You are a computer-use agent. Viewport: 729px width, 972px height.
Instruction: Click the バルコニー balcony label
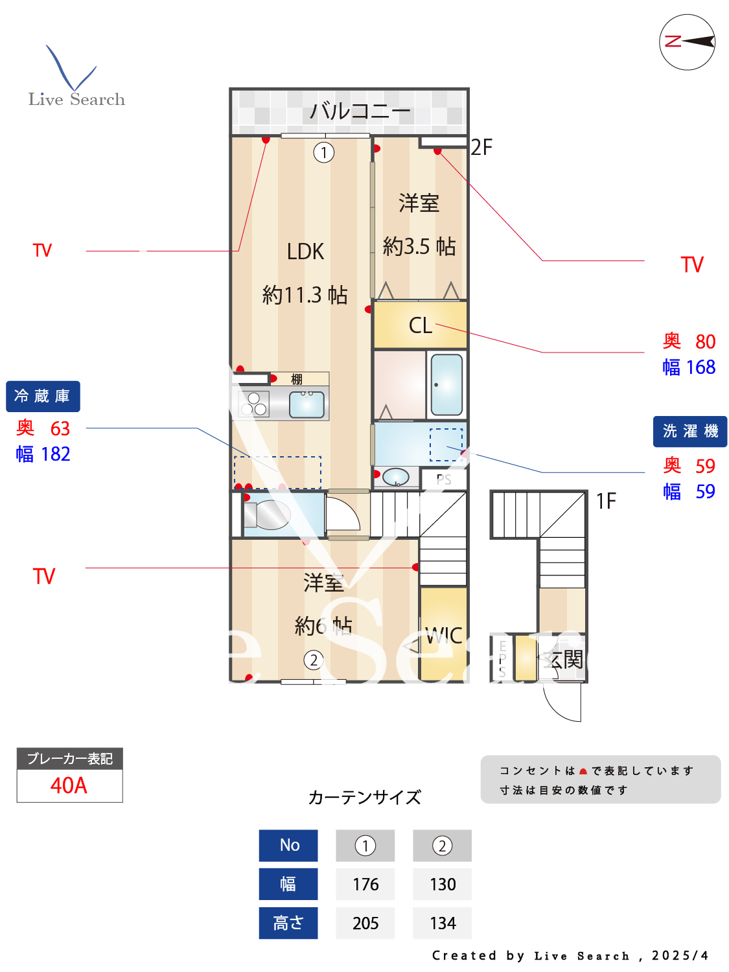pos(360,111)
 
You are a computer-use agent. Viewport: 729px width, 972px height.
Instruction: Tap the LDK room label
pos(305,251)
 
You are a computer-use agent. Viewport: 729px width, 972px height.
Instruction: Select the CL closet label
pos(420,325)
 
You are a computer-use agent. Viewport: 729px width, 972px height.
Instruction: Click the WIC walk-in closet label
pos(444,636)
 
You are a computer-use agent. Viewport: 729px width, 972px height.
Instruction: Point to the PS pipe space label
pos(444,480)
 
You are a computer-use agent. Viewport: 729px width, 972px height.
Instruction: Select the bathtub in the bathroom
pos(447,384)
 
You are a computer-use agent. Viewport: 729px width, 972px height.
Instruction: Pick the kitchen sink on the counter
pos(307,404)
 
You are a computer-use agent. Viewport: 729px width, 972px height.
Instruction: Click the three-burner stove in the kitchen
pos(253,404)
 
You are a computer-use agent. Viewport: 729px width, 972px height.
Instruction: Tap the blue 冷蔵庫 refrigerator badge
pos(43,396)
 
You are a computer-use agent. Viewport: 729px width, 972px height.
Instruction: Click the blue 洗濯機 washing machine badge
pos(689,431)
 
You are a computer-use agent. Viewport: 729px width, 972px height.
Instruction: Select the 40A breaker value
pos(69,785)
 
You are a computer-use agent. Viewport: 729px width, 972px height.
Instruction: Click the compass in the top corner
pos(687,42)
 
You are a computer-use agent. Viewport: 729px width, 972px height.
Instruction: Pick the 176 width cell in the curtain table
pos(365,884)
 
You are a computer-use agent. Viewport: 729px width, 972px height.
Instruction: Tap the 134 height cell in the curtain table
pos(443,923)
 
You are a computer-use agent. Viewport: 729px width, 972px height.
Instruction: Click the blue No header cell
pos(288,845)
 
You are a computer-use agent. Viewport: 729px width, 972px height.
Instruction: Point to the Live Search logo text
pos(76,99)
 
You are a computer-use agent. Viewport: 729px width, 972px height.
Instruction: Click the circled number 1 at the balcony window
pos(324,152)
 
